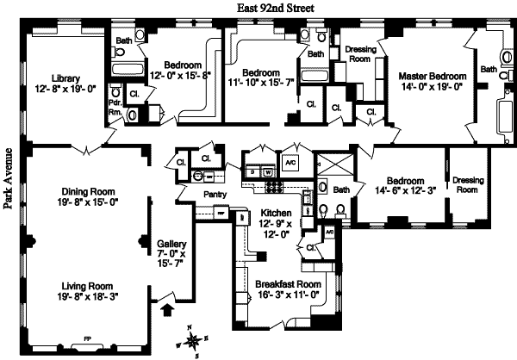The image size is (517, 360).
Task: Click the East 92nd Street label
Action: pos(277,7)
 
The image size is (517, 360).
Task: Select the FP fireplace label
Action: pos(85,338)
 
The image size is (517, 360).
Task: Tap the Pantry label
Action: pos(215,195)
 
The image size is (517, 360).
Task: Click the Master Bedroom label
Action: pos(427,77)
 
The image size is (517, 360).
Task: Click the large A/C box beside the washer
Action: pos(290,164)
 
